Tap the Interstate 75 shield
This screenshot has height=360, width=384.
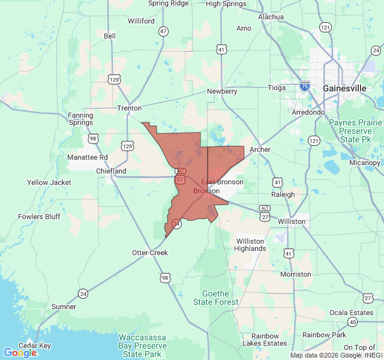pyautogui.click(x=305, y=86)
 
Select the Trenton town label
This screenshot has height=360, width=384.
pyautogui.click(x=129, y=108)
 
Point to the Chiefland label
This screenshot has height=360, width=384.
pyautogui.click(x=111, y=171)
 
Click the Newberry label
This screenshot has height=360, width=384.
pyautogui.click(x=222, y=91)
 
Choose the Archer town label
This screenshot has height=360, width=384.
pyautogui.click(x=260, y=149)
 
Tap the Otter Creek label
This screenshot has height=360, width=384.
pyautogui.click(x=150, y=253)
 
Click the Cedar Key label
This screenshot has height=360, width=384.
pyautogui.click(x=34, y=346)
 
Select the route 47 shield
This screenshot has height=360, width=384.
pyautogui.click(x=164, y=31)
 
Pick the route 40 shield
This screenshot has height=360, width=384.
pyautogui.click(x=352, y=322)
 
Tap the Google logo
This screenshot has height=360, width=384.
pyautogui.click(x=20, y=353)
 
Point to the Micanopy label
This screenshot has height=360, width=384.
pyautogui.click(x=365, y=163)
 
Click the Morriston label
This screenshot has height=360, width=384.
pyautogui.click(x=295, y=274)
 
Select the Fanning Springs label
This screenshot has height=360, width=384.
pyautogui.click(x=80, y=119)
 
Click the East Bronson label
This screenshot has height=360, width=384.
pyautogui.click(x=222, y=182)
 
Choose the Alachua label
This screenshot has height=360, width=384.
pyautogui.click(x=271, y=17)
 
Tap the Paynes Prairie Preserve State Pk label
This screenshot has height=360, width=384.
pyautogui.click(x=356, y=131)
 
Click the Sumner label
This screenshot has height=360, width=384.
pyautogui.click(x=64, y=307)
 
